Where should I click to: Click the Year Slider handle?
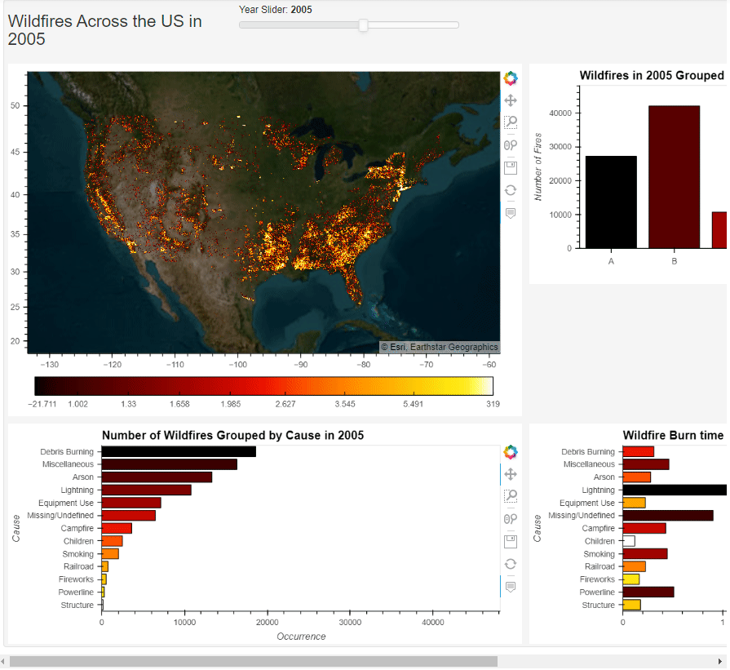pyautogui.click(x=364, y=25)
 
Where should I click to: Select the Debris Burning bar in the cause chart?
pyautogui.click(x=179, y=451)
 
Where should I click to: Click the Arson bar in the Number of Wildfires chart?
pyautogui.click(x=157, y=477)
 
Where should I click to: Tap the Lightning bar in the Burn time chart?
pyautogui.click(x=674, y=490)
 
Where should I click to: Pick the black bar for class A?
pyautogui.click(x=611, y=202)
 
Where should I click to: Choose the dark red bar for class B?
pyautogui.click(x=675, y=177)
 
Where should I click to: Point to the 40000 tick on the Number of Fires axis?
pyautogui.click(x=560, y=113)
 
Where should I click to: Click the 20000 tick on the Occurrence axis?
pyautogui.click(x=267, y=622)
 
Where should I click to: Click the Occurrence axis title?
pyautogui.click(x=301, y=637)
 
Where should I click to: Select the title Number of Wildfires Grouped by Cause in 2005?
pyautogui.click(x=232, y=436)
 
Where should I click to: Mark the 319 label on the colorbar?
pyautogui.click(x=493, y=404)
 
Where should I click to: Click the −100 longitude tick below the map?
pyautogui.click(x=238, y=365)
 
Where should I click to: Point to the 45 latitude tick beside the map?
pyautogui.click(x=16, y=152)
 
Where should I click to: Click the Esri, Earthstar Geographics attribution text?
pyautogui.click(x=439, y=347)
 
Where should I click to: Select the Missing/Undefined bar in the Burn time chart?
pyautogui.click(x=667, y=516)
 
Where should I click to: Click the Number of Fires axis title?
pyautogui.click(x=538, y=166)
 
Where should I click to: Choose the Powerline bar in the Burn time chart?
pyautogui.click(x=648, y=592)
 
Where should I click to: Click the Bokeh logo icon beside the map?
pyautogui.click(x=511, y=78)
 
